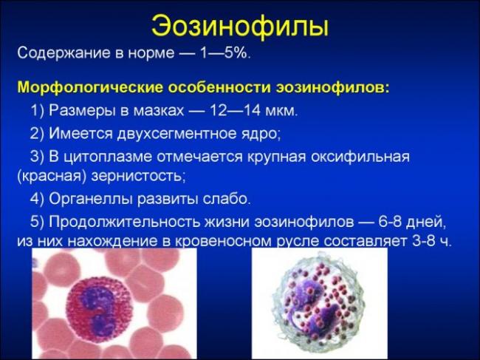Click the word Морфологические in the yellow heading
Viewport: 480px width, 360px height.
(x=80, y=88)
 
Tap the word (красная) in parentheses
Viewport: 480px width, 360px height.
(x=51, y=177)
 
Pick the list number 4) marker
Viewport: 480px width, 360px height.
(x=38, y=199)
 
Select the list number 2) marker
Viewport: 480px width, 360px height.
(x=38, y=134)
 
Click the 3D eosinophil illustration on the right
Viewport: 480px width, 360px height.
(x=319, y=303)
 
